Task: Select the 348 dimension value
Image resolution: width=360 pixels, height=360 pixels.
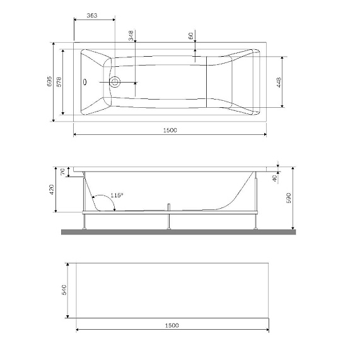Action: tap(131, 35)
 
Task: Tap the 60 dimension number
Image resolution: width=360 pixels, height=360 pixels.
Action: tap(190, 37)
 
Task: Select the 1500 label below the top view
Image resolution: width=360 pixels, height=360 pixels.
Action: tap(170, 130)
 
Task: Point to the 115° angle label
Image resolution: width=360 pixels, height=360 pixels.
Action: tap(116, 195)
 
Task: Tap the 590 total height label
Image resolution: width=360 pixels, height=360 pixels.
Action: tap(290, 199)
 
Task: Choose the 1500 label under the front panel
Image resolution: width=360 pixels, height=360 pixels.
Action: tap(171, 325)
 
